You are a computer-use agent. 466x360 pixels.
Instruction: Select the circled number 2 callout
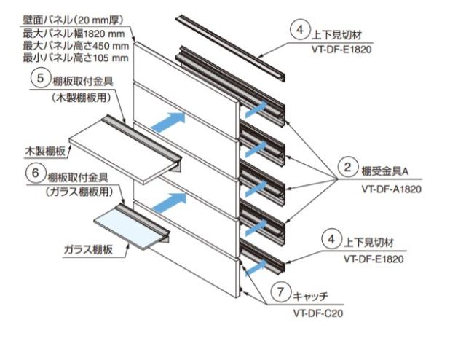pyautogui.click(x=348, y=169)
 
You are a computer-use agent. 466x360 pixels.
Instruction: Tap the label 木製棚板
pyautogui.click(x=45, y=152)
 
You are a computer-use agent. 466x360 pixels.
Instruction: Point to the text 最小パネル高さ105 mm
pyautogui.click(x=76, y=58)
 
